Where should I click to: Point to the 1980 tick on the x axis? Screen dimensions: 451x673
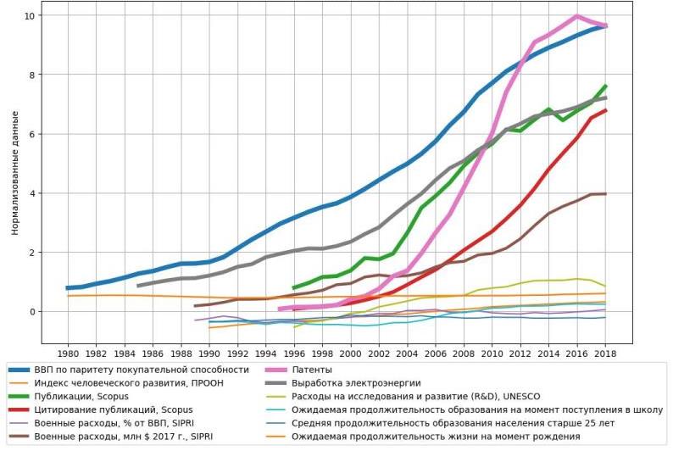click(x=68, y=353)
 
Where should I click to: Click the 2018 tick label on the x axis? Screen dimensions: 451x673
click(x=605, y=353)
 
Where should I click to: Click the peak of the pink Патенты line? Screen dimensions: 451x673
click(x=577, y=16)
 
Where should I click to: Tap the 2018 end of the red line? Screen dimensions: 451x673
click(x=605, y=110)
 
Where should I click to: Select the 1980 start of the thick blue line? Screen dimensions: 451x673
click(x=68, y=288)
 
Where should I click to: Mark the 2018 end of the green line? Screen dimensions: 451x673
click(x=605, y=86)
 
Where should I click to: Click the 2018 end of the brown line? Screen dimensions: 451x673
click(x=605, y=194)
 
